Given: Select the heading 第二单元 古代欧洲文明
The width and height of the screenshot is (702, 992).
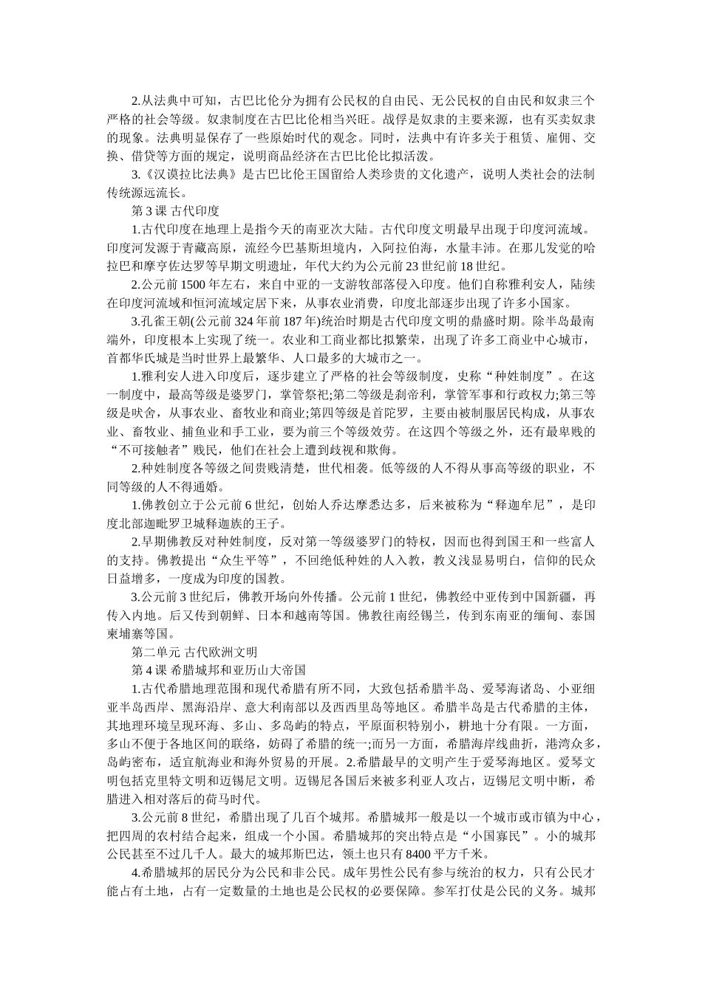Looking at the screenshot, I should coord(194,652).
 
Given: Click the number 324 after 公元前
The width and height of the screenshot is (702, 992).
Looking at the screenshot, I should coord(248,322).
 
